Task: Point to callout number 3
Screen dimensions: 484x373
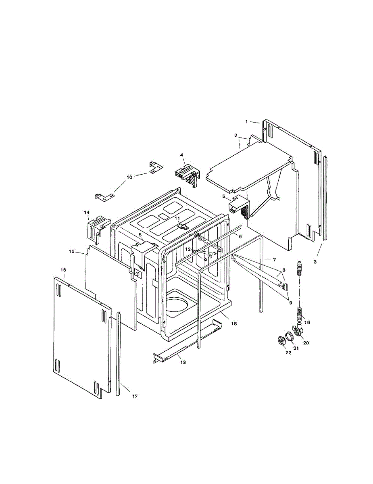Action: coord(315,262)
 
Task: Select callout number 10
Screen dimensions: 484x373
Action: coord(129,177)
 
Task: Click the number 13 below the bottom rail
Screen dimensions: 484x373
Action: coord(183,363)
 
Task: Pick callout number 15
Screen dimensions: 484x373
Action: coord(71,251)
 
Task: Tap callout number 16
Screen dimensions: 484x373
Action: coord(63,269)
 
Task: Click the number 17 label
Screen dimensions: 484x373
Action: coord(135,396)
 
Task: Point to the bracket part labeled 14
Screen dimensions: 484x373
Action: coord(97,228)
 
